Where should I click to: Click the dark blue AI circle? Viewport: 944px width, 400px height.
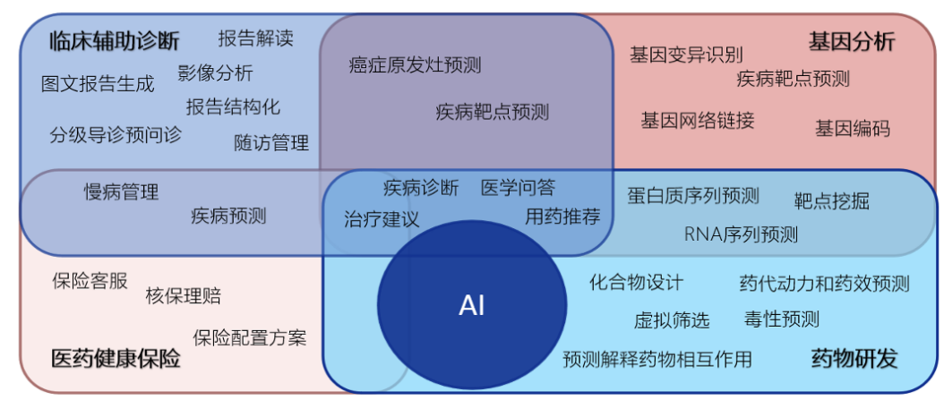472,304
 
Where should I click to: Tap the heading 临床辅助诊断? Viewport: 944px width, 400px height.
114,41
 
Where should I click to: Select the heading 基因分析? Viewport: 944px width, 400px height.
851,41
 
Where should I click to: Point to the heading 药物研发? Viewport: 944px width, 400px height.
854,359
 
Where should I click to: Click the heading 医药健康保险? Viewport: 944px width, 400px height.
116,359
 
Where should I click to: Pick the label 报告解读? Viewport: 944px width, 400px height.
255,38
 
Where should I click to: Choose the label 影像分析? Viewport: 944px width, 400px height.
215,72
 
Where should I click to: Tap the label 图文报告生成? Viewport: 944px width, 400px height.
98,84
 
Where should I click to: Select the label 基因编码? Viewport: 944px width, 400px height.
852,128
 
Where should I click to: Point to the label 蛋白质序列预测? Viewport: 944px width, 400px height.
692,195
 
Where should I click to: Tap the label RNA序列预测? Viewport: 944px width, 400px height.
741,234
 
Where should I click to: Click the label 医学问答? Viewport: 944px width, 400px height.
518,187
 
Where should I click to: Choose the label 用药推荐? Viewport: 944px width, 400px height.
562,216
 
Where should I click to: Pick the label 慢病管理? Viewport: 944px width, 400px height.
121,191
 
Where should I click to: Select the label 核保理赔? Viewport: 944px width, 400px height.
183,295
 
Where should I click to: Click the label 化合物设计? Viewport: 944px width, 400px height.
636,283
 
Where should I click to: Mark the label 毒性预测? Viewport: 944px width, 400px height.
781,319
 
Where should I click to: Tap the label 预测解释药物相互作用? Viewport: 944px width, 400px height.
657,359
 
